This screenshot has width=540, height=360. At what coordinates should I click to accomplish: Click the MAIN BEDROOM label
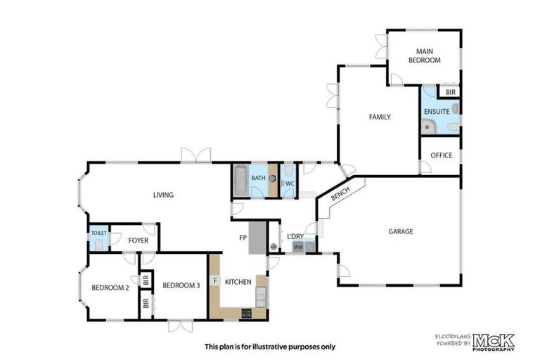coord(425,56)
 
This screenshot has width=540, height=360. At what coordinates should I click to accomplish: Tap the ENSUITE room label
coord(436,111)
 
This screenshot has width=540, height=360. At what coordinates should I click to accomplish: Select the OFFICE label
coord(442,155)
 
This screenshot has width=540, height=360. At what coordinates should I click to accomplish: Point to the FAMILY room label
coord(380,117)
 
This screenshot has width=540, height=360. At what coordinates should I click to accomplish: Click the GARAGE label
coord(400,231)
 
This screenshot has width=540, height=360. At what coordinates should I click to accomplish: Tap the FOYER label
coord(138,240)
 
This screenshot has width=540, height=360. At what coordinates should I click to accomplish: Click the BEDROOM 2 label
coord(110,287)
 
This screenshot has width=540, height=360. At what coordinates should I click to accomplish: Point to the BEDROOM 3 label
coord(181,285)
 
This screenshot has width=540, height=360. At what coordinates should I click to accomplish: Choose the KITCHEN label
coord(238,282)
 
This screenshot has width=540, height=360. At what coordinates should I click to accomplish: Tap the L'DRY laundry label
coord(295,236)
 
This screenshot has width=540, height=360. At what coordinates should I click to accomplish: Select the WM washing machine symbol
coord(297,247)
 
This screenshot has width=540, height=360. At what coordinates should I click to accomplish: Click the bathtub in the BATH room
coord(240,180)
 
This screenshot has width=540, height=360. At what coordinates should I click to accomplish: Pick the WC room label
coord(289,184)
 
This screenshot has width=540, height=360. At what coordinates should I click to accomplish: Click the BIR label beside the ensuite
coord(450,92)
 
